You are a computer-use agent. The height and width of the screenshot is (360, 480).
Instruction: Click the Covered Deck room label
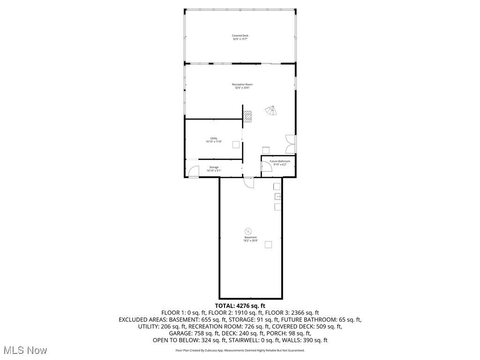click(240, 37)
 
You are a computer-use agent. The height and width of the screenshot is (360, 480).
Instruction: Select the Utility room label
click(213, 140)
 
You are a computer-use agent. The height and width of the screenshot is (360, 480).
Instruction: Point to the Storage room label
click(214, 169)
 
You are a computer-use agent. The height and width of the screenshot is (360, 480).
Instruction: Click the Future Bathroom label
click(279, 163)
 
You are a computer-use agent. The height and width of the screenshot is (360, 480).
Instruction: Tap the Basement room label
click(250, 239)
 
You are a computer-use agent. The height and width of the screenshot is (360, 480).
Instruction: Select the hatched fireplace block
click(247, 116)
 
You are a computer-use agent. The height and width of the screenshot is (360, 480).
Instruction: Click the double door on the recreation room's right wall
click(291, 144)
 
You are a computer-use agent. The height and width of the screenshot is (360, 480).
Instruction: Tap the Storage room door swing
click(193, 172)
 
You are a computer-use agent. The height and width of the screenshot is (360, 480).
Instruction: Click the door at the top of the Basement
click(248, 182)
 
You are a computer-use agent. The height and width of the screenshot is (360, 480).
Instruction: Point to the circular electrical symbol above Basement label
click(248, 231)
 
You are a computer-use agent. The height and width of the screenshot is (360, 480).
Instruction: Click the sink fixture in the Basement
click(277, 196)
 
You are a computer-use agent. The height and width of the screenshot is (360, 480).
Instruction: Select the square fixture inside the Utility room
click(236, 145)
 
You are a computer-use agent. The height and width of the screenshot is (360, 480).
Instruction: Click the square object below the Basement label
click(269, 244)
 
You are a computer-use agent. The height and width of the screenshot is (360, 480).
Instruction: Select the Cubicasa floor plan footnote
click(240, 350)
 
